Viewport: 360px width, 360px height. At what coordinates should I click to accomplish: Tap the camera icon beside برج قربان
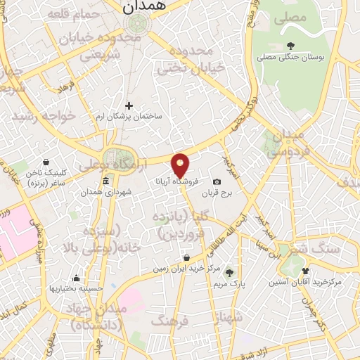(x=217, y=182)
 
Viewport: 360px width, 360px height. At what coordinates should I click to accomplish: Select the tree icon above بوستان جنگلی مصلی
(x=290, y=47)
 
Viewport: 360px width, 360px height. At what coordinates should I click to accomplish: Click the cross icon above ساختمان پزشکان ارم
(x=129, y=105)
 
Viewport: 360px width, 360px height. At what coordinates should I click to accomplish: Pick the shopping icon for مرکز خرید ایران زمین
(x=186, y=257)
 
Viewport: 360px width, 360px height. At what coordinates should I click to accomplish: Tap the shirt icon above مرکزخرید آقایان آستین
(x=305, y=271)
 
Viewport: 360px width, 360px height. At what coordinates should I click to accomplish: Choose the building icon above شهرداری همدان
(x=105, y=183)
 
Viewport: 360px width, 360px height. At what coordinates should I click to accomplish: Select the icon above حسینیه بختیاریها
(x=76, y=278)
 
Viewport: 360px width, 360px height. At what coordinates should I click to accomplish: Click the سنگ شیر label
(x=338, y=249)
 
